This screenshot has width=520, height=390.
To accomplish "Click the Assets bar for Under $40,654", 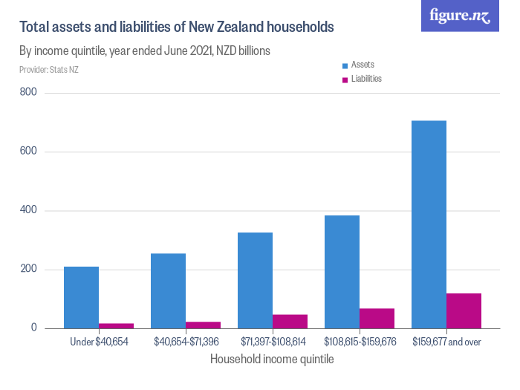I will (x=81, y=297).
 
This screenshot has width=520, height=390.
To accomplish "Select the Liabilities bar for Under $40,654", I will (x=116, y=325).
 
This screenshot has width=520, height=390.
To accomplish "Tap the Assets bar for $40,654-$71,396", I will (x=168, y=290).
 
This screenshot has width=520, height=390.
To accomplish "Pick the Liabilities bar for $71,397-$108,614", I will (x=290, y=321).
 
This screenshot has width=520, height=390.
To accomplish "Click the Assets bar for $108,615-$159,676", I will (x=342, y=272).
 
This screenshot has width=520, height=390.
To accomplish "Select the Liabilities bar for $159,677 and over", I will (x=464, y=311).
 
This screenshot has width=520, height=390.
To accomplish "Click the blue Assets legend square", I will (x=344, y=65).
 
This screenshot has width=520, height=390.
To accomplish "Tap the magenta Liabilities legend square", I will (x=344, y=79).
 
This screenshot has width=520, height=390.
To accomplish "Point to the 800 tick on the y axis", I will (x=30, y=93).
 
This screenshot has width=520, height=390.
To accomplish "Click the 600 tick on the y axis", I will (x=30, y=152).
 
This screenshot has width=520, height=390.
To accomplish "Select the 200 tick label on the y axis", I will (x=30, y=269).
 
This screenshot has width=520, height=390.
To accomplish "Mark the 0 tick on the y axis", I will (x=33, y=328).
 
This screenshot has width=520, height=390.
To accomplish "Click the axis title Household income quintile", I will (x=273, y=359).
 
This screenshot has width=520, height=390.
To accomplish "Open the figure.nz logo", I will (x=460, y=16).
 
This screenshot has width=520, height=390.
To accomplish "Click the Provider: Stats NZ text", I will (x=49, y=70).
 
